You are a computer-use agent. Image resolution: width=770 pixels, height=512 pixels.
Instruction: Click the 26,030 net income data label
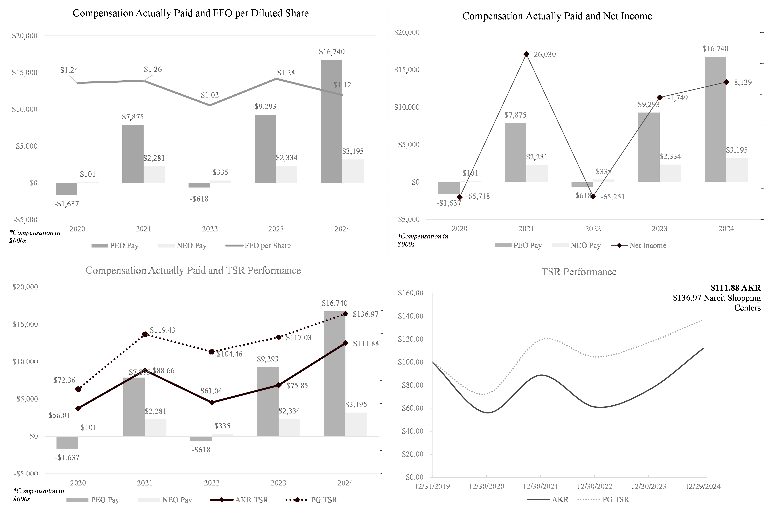coord(544,55)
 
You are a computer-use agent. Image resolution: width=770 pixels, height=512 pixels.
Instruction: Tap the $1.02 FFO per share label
coord(210,95)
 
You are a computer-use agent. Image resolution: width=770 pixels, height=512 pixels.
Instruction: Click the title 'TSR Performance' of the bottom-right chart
coord(579,272)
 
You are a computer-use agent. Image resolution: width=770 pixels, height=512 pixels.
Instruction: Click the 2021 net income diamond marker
coord(526,54)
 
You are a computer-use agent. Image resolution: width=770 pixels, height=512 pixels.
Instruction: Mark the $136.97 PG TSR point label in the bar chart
coord(365,314)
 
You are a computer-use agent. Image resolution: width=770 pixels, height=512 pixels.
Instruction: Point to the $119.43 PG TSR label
coord(162,330)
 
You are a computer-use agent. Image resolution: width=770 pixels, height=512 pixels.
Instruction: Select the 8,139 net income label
coord(743,82)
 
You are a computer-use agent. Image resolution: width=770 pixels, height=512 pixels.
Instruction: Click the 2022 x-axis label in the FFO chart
coord(210,229)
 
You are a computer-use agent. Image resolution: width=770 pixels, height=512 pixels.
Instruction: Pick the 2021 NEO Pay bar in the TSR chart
coord(155,428)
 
